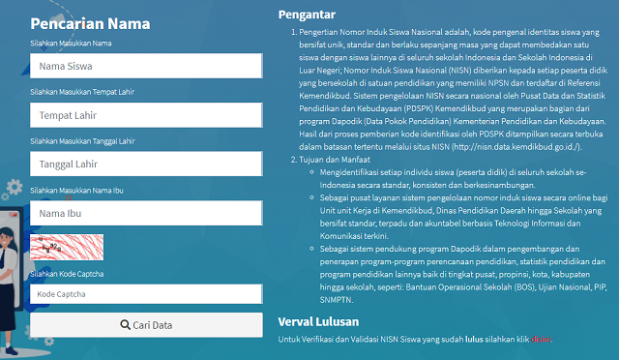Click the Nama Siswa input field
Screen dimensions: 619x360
(x=146, y=66)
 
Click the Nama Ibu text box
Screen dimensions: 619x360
(x=146, y=212)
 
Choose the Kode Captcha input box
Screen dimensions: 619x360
(x=146, y=292)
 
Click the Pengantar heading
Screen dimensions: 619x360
(x=307, y=15)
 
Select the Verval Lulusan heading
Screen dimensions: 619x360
(x=319, y=320)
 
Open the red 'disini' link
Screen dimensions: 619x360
(x=542, y=339)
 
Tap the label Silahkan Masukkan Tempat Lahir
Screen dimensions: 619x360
(x=81, y=92)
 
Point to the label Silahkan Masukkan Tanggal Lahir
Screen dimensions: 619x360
(x=82, y=140)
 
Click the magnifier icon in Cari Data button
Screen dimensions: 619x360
(x=126, y=325)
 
